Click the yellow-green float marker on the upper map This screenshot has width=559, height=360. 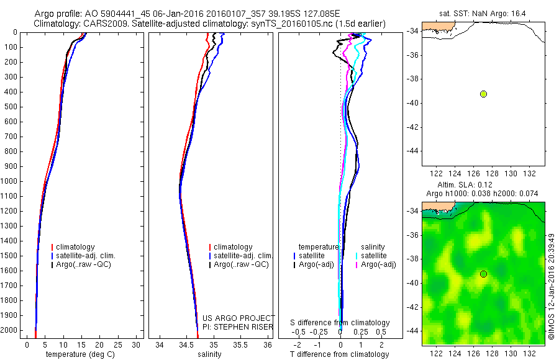[x=483, y=94]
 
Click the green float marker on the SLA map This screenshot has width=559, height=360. [x=483, y=274]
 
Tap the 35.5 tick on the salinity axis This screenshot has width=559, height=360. [x=240, y=344]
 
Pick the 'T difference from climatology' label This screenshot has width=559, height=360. [x=339, y=354]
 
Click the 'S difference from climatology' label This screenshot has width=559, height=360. [x=340, y=323]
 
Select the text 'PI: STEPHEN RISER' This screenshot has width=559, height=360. [x=239, y=327]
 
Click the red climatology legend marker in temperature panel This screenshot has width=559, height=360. [x=53, y=247]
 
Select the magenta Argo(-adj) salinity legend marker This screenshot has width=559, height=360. [x=357, y=265]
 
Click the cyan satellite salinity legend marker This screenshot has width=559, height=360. [x=357, y=256]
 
